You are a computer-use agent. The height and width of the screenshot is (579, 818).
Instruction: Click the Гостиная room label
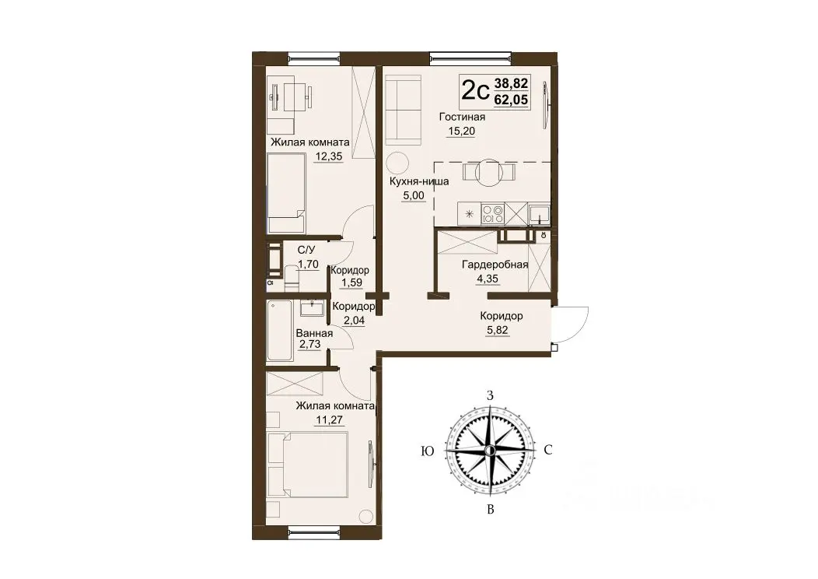(462, 117)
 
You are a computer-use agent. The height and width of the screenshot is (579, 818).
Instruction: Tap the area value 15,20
(461, 131)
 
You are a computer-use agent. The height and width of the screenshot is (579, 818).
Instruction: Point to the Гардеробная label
(495, 265)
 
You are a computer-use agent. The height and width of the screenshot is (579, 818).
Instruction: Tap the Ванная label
(314, 334)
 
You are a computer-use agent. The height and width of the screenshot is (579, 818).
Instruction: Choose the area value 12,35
(329, 156)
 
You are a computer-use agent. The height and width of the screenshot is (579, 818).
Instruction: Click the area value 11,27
(330, 419)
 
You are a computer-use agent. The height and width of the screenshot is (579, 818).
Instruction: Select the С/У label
(306, 251)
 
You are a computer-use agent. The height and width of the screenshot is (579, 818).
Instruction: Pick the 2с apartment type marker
(475, 91)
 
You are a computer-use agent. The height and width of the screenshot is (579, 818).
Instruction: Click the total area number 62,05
(512, 99)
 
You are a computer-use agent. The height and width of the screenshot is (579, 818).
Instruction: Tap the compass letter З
(490, 395)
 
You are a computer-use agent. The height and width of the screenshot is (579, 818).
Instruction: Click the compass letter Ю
(427, 451)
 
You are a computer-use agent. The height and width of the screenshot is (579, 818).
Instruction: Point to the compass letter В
(490, 510)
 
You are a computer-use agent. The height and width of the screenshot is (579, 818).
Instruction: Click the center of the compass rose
(489, 450)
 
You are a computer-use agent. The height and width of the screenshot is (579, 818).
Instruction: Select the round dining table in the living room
(490, 171)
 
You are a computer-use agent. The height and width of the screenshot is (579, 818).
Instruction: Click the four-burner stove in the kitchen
(492, 213)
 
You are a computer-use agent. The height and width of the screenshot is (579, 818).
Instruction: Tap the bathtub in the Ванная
(279, 331)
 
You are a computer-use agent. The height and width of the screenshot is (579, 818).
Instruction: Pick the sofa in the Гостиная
(403, 111)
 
